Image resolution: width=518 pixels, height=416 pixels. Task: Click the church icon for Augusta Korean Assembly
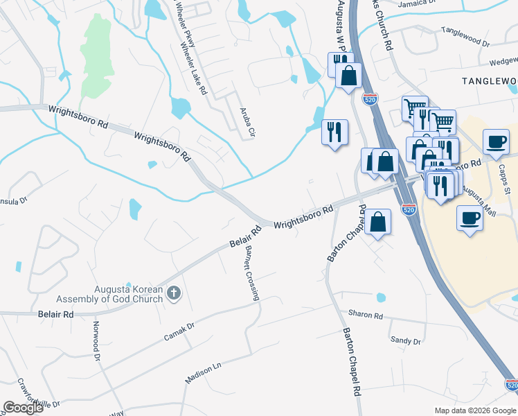pos(173,294)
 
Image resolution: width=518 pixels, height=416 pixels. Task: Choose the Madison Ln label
pos(202,372)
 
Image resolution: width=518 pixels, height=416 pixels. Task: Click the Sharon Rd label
pos(366,315)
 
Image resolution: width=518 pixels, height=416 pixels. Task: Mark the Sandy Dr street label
pos(405,340)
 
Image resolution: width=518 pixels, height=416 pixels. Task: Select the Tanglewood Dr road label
pos(465,37)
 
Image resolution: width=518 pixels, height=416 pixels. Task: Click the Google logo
pos(24,408)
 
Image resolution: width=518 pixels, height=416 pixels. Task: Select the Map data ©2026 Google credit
pos(475,410)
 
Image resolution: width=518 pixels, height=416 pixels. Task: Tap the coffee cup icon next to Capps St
pos(496,142)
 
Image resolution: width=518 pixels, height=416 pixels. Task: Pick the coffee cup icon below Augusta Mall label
pos(470,218)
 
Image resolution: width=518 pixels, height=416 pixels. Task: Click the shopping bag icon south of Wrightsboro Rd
pos(379,223)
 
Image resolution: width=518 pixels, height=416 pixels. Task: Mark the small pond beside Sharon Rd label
pos(381,298)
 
